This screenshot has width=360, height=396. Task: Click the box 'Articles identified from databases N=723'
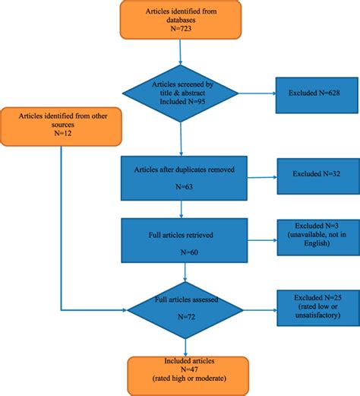tap(180, 20)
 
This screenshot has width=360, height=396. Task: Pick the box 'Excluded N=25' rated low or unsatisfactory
tap(314, 306)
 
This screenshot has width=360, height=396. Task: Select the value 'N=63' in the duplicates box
tap(182, 188)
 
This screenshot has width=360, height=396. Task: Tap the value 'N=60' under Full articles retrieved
tap(182, 252)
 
